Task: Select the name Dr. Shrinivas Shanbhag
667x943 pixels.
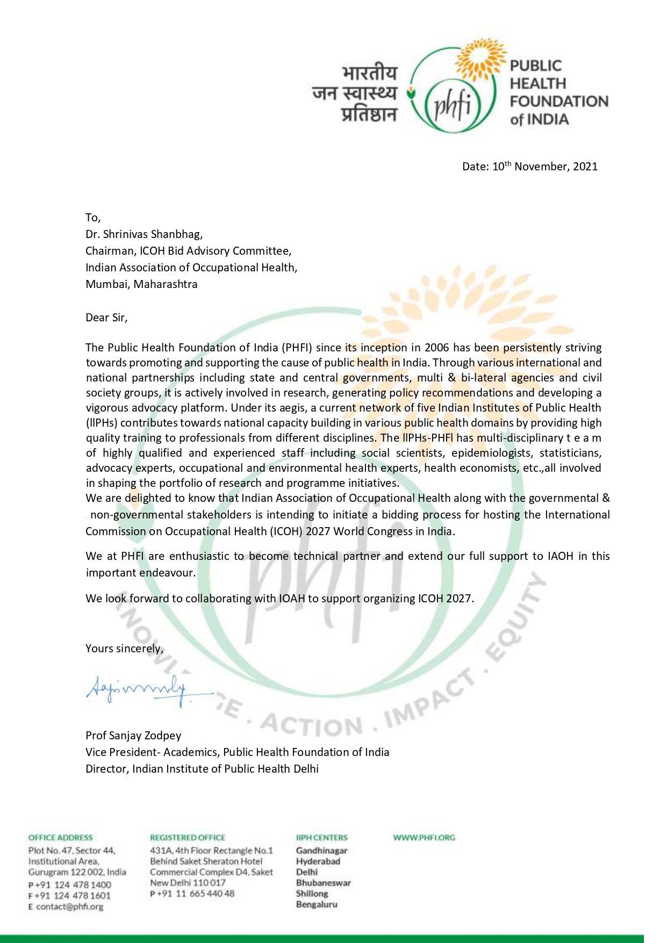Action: tap(144, 234)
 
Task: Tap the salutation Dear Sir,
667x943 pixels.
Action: tap(106, 318)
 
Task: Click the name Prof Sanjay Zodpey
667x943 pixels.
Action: tap(133, 736)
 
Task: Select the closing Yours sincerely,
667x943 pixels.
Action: tap(124, 649)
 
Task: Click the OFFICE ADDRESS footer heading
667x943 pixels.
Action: tap(60, 837)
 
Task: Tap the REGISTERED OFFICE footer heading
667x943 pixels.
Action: tap(188, 837)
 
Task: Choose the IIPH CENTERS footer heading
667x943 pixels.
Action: tap(321, 837)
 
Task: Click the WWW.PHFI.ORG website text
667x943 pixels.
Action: tap(424, 837)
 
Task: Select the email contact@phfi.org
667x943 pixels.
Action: tap(69, 906)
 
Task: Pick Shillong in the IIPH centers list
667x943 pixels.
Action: tap(312, 894)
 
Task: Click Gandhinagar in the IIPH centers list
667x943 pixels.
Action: tap(321, 851)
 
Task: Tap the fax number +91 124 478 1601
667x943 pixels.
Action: tap(73, 896)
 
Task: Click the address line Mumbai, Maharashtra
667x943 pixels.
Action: tap(141, 284)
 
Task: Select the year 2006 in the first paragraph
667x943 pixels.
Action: tap(436, 348)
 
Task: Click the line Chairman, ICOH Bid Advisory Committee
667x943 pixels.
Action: tap(188, 251)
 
